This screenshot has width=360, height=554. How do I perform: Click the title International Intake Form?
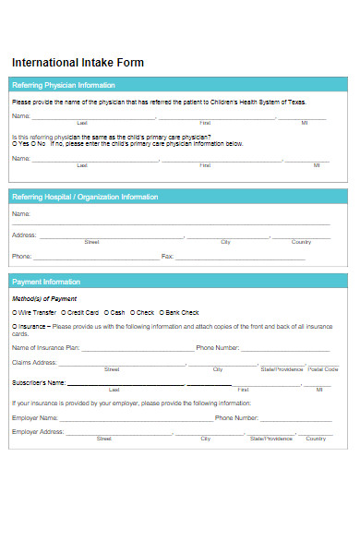(x=78, y=63)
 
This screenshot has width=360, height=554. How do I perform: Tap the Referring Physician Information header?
(x=64, y=85)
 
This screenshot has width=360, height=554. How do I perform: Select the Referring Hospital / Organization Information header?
(x=84, y=197)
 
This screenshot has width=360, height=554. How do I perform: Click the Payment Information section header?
(x=45, y=282)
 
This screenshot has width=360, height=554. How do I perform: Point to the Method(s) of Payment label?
(x=44, y=299)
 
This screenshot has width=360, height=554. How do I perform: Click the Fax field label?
(x=167, y=256)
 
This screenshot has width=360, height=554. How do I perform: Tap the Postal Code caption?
(x=323, y=369)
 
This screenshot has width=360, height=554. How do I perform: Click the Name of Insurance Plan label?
(x=45, y=348)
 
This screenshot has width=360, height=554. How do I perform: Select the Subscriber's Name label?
(x=38, y=382)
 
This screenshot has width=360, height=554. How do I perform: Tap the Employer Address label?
(x=38, y=432)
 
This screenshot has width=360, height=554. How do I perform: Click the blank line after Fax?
(x=240, y=257)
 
